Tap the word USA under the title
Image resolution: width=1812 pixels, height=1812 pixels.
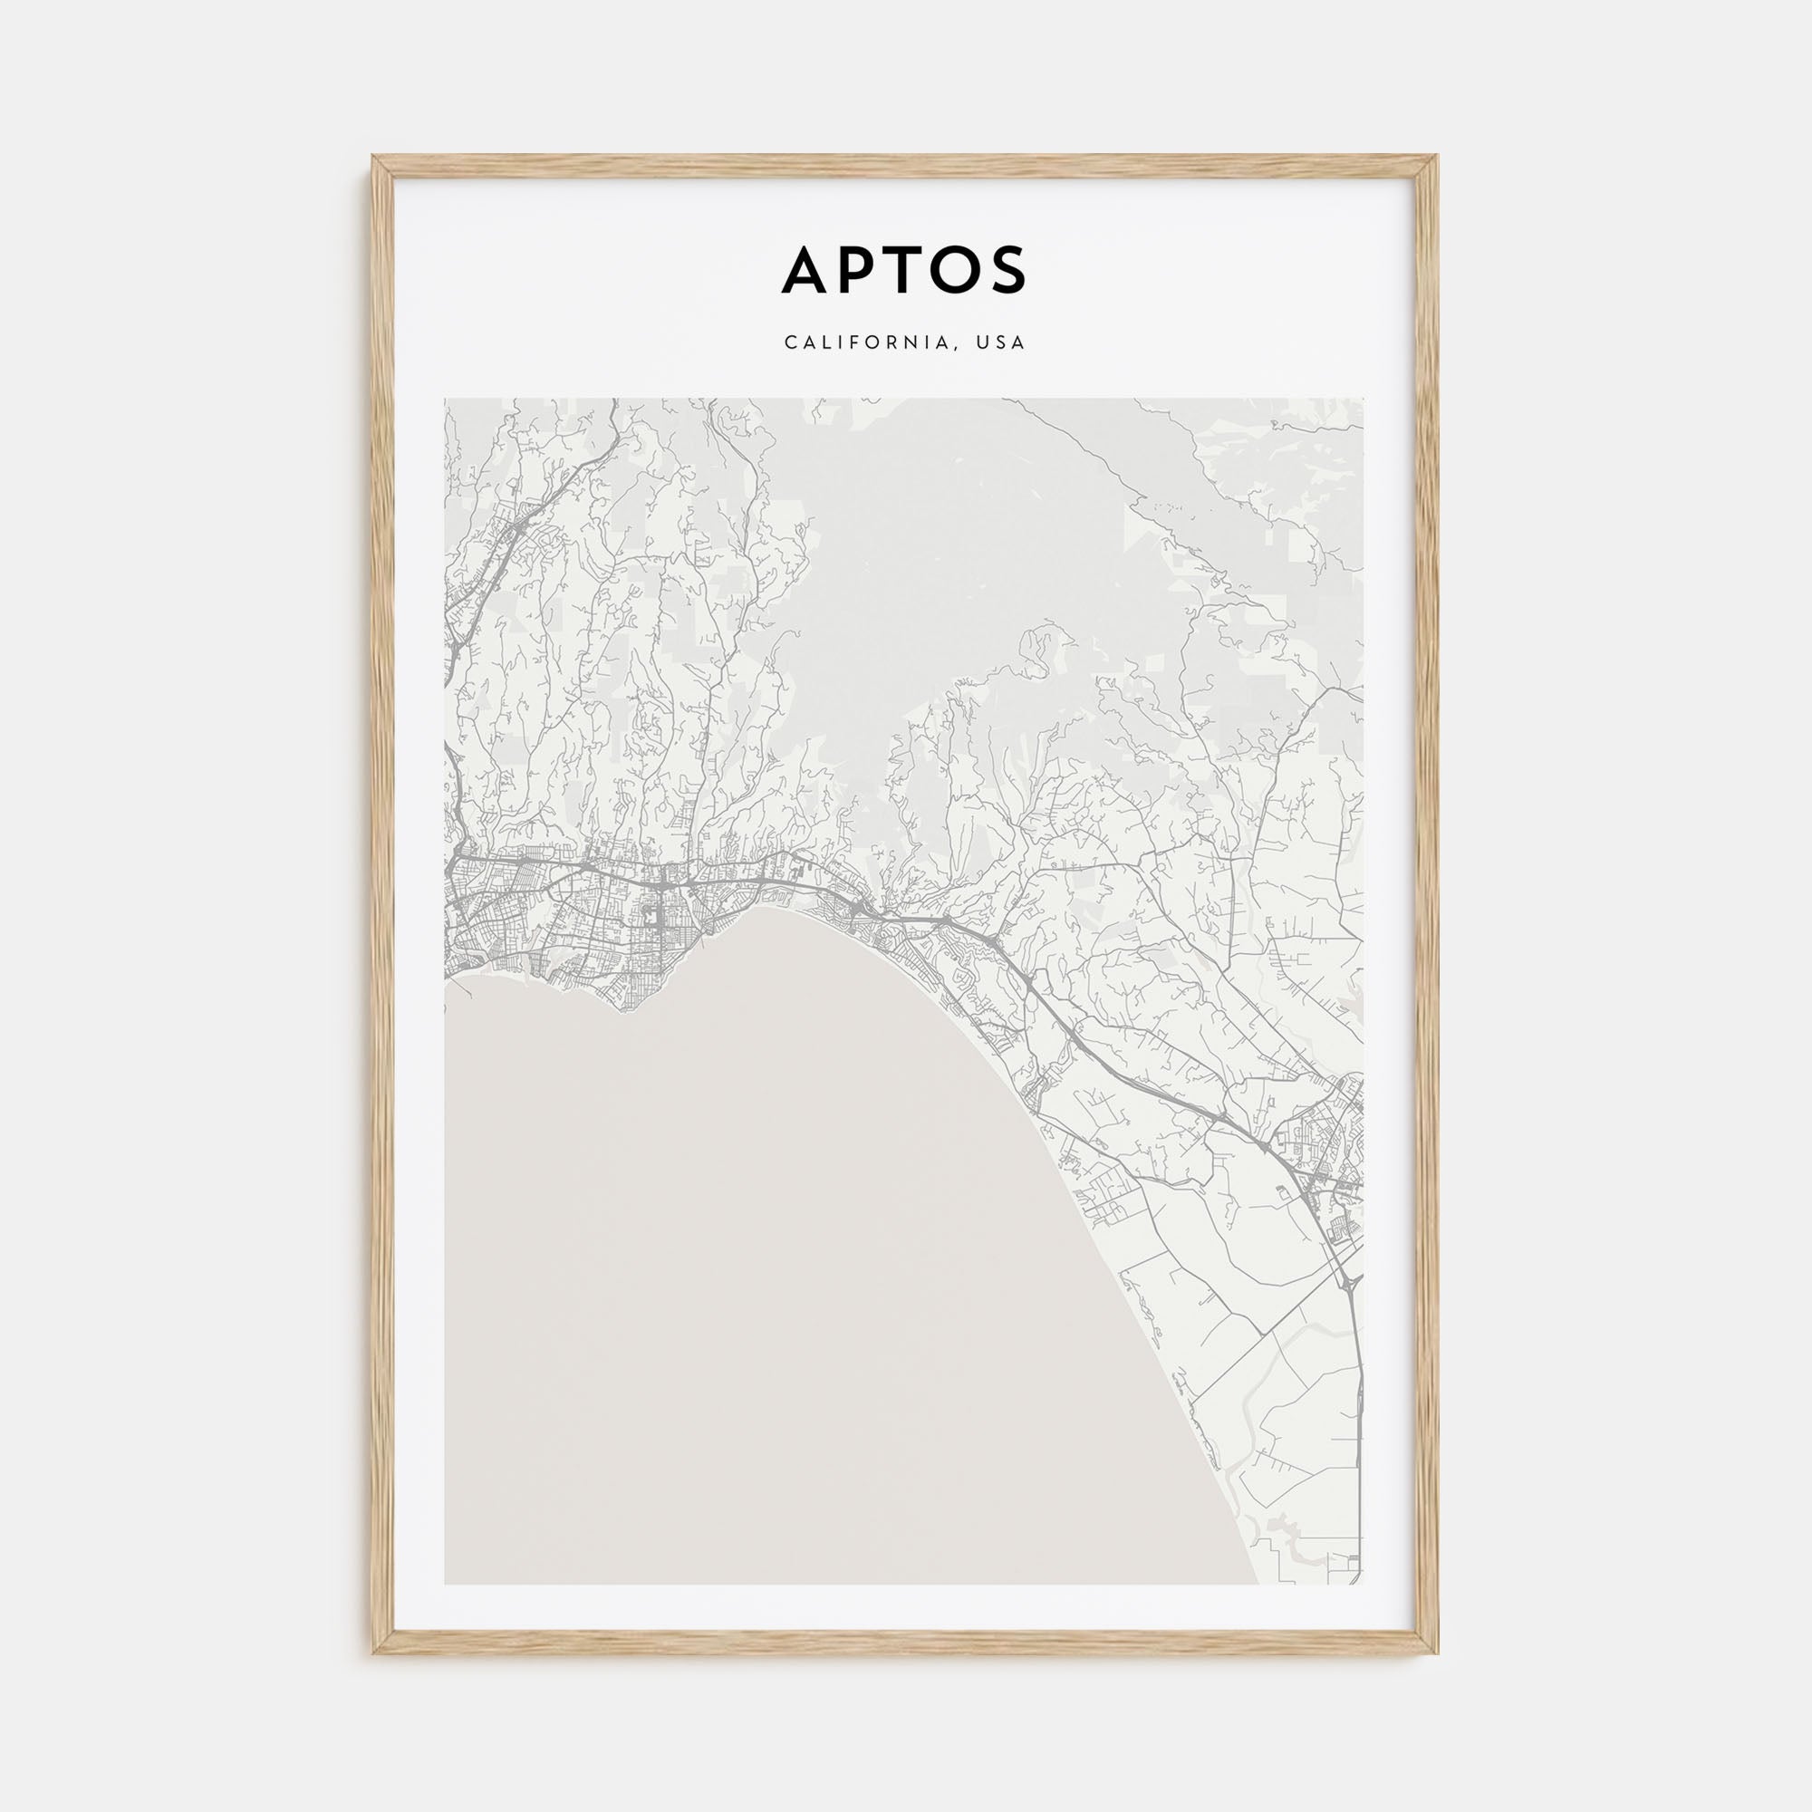[1001, 342]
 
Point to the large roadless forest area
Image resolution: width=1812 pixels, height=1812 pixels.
[938, 563]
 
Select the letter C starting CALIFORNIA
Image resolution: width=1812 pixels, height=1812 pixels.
[790, 342]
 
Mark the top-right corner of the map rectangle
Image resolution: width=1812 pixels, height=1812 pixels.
[1363, 400]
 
